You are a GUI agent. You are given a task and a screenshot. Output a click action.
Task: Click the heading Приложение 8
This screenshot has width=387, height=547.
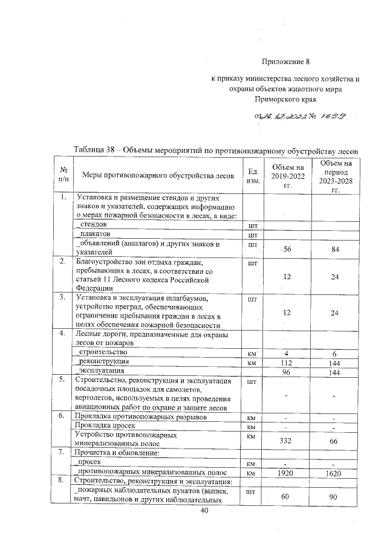285,62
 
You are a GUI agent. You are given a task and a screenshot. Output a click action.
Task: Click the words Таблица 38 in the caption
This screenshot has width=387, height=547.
98,150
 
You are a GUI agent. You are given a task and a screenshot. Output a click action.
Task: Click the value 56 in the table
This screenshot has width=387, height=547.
287,250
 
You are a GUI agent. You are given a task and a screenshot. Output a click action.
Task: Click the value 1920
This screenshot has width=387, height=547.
287,472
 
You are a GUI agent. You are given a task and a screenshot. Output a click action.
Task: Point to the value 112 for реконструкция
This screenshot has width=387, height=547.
287,362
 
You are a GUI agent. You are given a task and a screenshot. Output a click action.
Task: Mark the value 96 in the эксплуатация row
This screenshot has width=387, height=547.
287,372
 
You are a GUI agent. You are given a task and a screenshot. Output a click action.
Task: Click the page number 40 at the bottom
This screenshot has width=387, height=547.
204,511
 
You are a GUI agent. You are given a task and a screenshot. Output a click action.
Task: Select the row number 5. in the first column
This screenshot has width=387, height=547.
63,380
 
